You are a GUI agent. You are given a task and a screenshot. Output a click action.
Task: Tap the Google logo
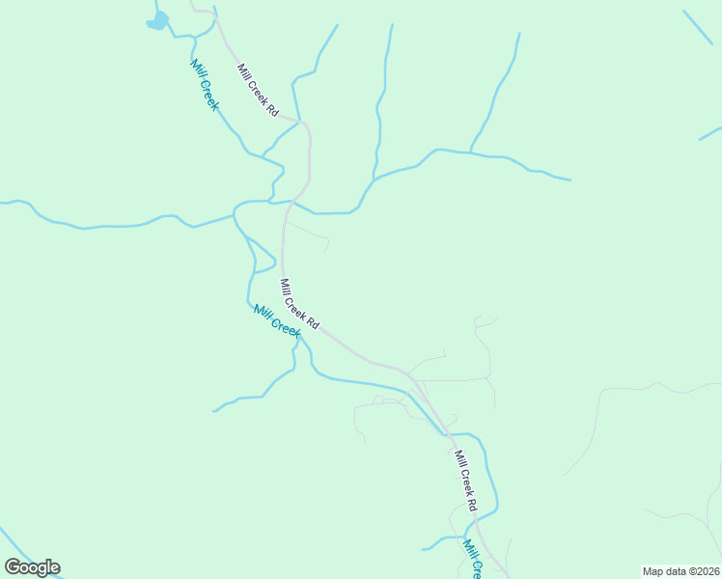(x=32, y=567)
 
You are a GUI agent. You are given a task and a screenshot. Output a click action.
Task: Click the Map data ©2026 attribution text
(x=680, y=571)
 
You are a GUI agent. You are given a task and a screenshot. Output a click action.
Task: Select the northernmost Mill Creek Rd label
(x=258, y=91)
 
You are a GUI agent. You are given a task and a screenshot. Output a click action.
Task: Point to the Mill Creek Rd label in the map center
(x=299, y=304)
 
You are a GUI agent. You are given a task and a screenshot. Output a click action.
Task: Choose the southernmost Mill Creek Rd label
(x=465, y=480)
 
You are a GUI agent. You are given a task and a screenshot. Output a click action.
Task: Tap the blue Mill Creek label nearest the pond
(x=204, y=85)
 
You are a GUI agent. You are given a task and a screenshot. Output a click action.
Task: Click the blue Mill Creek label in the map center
(x=277, y=320)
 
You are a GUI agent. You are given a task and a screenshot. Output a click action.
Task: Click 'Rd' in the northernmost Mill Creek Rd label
(x=273, y=109)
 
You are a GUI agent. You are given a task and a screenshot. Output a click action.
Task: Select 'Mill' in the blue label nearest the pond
(x=197, y=69)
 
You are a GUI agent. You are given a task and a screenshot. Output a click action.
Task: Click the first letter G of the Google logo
(x=13, y=567)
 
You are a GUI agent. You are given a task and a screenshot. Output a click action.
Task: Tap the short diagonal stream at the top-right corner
(x=697, y=27)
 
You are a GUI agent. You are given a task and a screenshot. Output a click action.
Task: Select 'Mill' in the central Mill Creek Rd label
(x=285, y=286)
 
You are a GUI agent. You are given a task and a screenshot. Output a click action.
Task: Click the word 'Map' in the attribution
(x=653, y=571)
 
